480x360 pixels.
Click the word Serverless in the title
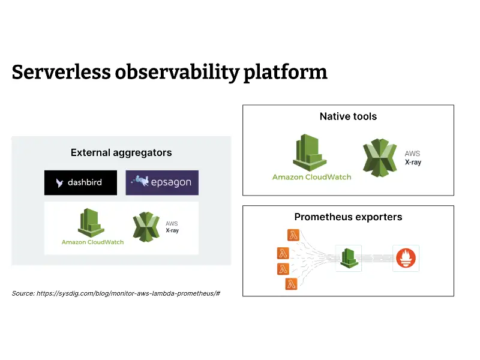(x=61, y=72)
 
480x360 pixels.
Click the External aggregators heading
(x=121, y=152)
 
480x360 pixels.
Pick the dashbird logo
(x=81, y=183)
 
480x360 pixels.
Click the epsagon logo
(x=162, y=183)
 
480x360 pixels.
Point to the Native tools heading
(x=348, y=116)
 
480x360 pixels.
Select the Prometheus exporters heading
(x=348, y=217)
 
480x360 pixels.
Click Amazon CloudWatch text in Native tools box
(x=311, y=177)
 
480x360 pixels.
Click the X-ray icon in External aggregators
(x=146, y=227)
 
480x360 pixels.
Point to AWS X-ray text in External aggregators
(x=172, y=227)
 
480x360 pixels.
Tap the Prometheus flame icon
(x=406, y=258)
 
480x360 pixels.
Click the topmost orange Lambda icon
(x=293, y=236)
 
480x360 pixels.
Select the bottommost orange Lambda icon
(x=292, y=284)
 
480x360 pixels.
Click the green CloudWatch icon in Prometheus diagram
(x=349, y=258)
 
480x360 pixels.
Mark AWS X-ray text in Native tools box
(x=413, y=158)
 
